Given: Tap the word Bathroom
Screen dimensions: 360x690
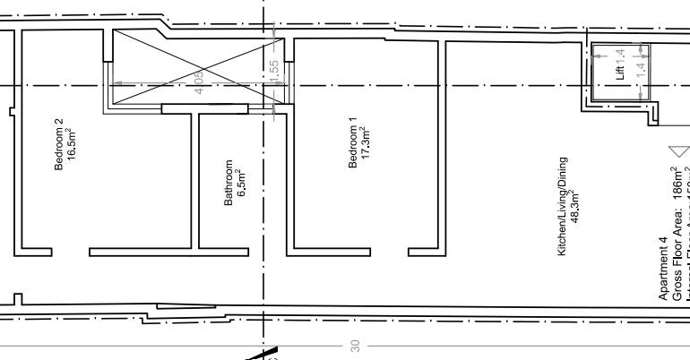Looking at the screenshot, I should [229, 184].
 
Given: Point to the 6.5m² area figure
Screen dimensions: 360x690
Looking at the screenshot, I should [241, 184].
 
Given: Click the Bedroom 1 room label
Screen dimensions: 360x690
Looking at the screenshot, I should [353, 142].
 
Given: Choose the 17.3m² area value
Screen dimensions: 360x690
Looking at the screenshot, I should [365, 142].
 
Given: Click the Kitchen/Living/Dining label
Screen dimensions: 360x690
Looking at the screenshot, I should [563, 207].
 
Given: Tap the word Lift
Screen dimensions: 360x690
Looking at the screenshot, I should [620, 73].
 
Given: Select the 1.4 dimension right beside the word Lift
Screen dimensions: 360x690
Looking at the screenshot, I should [620, 55].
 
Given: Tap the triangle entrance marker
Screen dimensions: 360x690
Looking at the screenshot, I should [679, 151].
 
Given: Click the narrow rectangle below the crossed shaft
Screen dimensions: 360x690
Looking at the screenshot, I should [204, 109].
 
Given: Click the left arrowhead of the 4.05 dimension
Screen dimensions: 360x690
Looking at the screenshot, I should [114, 85].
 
